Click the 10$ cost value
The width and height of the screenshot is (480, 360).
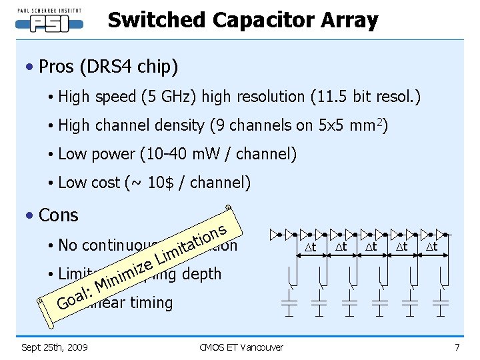pos(164,183)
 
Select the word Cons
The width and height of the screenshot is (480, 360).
pos(59,215)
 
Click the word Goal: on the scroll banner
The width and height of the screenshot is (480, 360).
pos(74,297)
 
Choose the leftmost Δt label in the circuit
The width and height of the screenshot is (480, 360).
pos(309,247)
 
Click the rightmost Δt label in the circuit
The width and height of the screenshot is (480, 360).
pos(431,247)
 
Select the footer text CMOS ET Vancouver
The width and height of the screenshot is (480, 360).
pos(241,347)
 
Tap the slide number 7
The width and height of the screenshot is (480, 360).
pos(457,347)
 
